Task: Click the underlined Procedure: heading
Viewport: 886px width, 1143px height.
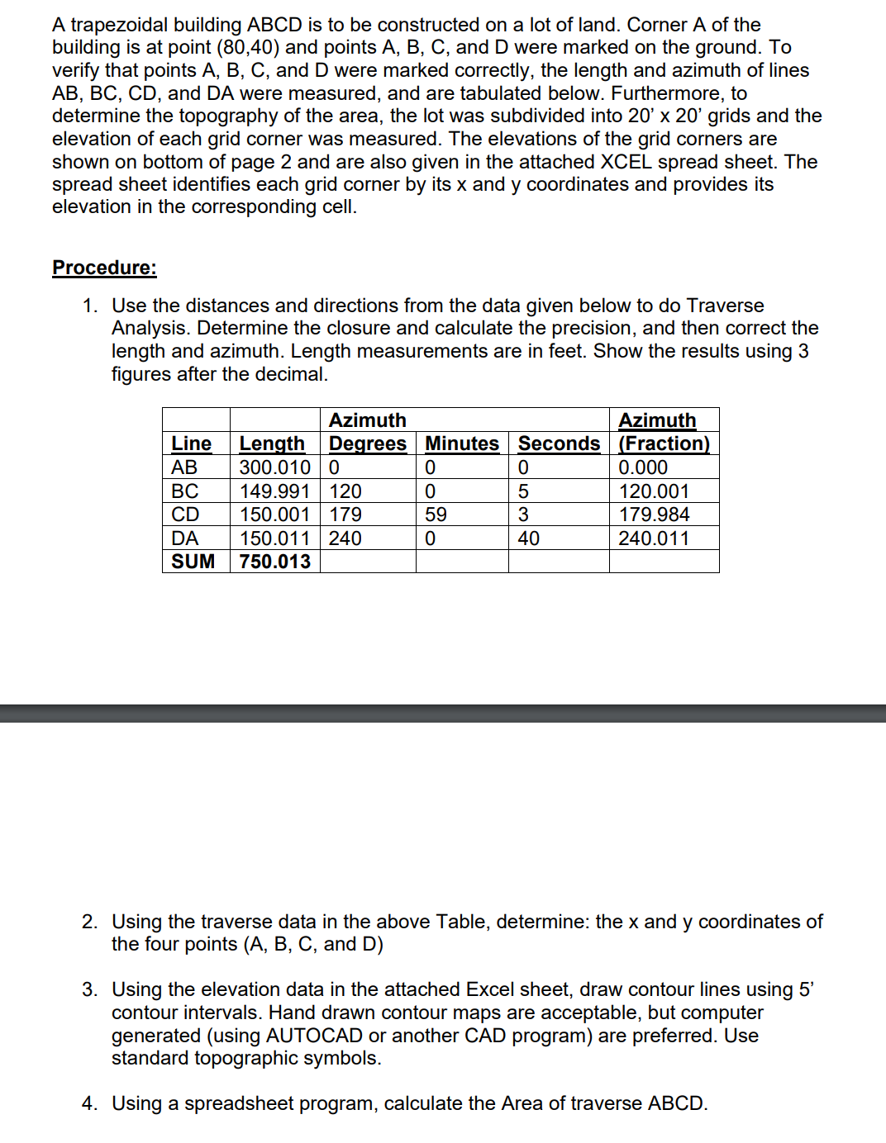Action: point(104,268)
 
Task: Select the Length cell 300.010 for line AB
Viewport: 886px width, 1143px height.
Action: point(274,467)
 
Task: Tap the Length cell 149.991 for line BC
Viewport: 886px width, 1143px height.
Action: point(274,491)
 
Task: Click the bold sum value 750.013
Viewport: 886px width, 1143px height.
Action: point(274,562)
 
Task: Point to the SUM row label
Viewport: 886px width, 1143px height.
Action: point(193,562)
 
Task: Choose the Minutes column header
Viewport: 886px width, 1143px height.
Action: point(462,443)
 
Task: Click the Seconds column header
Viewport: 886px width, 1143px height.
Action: point(559,443)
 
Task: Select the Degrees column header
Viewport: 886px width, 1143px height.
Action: point(368,443)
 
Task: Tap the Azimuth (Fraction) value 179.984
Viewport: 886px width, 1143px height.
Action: point(654,515)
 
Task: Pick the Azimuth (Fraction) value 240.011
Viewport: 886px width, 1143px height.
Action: point(654,538)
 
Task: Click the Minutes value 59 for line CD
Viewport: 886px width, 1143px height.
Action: point(436,515)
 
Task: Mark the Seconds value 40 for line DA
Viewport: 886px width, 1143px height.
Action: point(529,538)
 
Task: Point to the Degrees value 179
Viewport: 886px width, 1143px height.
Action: point(345,515)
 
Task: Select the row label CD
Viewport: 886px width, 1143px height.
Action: point(185,515)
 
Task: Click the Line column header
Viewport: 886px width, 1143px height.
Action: point(191,443)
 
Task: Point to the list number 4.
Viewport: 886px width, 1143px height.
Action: point(88,1103)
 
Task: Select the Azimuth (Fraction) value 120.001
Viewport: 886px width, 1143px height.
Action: point(654,491)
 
